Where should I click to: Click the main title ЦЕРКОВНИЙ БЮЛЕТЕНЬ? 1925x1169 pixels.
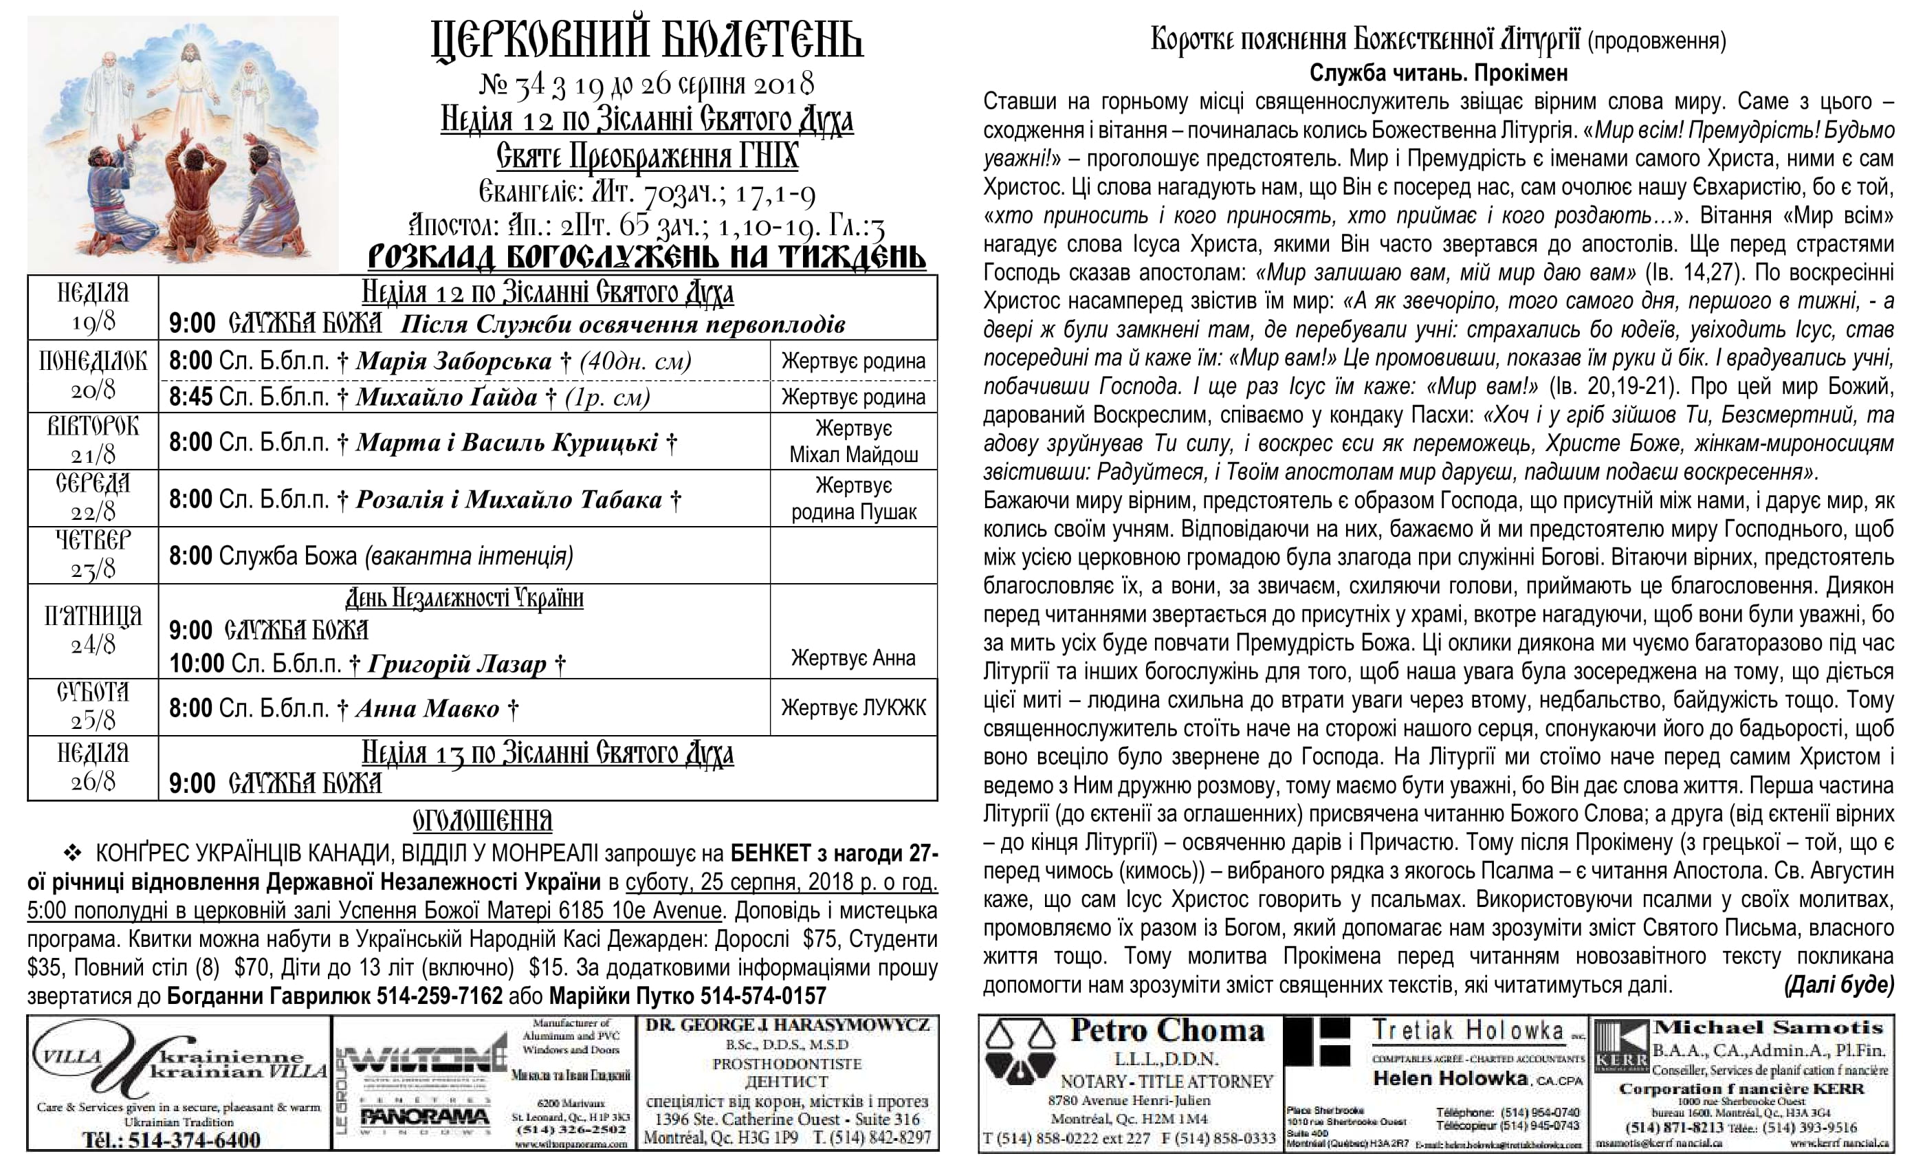pos(647,41)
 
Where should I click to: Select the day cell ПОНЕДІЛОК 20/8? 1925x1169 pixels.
pos(93,375)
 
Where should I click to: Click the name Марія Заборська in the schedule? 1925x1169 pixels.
pos(454,361)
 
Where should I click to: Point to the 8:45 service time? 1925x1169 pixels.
pos(190,397)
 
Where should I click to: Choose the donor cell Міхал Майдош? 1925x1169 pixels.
pos(853,454)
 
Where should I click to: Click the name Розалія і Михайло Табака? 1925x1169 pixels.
pos(509,499)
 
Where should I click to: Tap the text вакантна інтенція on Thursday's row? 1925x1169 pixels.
pos(470,556)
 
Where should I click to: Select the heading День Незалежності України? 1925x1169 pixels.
pos(464,598)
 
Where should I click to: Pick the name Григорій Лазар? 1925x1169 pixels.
pos(457,664)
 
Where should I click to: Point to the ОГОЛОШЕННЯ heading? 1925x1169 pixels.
pos(482,821)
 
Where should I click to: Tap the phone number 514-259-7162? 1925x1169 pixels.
pos(439,996)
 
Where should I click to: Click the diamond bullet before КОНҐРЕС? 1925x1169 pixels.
pos(72,853)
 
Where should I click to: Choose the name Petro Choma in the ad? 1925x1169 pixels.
pos(1167,1031)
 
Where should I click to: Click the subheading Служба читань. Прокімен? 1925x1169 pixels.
pos(1438,74)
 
